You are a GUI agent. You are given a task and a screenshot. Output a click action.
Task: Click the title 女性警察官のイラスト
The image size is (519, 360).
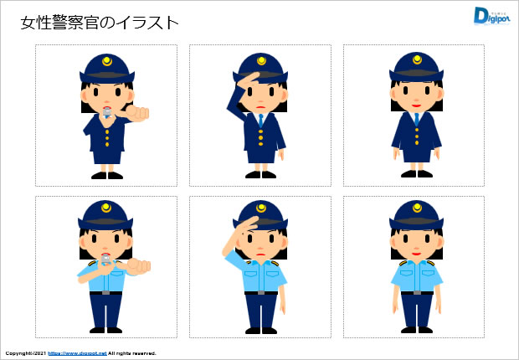100,23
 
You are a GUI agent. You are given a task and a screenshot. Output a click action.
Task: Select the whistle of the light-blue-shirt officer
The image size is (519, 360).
105,262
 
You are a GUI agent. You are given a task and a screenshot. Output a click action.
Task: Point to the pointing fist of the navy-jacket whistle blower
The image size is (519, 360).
138,111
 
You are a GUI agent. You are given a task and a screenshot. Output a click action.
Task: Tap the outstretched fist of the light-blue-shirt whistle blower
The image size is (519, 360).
138,266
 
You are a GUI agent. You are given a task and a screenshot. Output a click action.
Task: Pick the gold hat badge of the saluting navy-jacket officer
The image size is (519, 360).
261,61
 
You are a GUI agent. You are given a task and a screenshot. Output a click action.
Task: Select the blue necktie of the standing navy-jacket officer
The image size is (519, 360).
416,118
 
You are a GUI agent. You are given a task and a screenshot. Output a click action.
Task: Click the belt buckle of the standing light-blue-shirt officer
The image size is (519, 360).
416,291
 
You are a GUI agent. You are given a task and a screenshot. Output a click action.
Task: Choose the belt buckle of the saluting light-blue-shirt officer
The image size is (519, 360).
261,292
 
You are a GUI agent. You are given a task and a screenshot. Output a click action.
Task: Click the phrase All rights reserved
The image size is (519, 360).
131,353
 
